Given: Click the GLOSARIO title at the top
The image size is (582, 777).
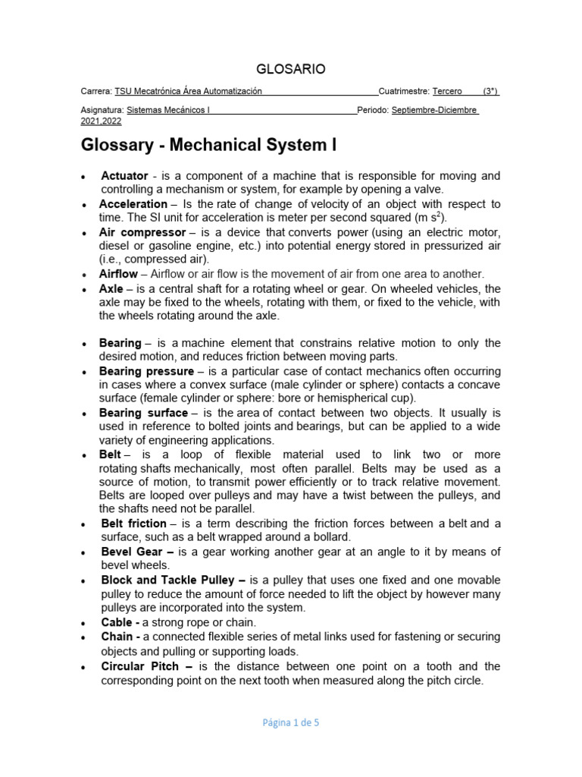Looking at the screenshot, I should (292, 69).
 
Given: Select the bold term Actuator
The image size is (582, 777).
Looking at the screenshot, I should (124, 176).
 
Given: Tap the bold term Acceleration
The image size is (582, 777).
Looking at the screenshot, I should (133, 204).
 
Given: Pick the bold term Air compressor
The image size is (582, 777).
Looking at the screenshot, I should (142, 232).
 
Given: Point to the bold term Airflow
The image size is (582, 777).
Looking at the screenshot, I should (118, 274).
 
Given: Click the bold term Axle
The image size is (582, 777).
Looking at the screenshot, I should (111, 288).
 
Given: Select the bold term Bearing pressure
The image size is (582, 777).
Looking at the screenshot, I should (146, 371).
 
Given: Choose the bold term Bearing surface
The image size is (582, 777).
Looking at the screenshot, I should (143, 413).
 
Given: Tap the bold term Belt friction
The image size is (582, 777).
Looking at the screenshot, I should (133, 524).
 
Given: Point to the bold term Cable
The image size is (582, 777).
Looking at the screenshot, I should (117, 621).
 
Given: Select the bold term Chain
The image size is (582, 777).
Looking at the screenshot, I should (117, 636).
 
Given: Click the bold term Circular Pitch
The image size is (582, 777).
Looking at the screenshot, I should (139, 666).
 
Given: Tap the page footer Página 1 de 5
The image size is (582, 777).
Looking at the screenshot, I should (290, 723).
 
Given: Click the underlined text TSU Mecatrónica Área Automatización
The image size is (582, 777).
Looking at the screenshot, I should (188, 91).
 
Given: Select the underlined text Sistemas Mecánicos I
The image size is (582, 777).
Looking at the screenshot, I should (168, 110).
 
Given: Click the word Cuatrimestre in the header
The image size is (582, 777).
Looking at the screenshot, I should (404, 91).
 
